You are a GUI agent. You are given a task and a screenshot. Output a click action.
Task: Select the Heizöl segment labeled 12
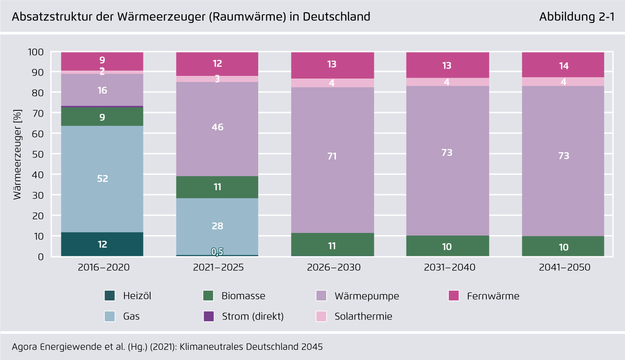(102, 244)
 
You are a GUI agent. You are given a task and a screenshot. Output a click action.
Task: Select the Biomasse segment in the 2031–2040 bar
(448, 246)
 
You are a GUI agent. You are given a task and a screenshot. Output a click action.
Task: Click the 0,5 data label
(217, 252)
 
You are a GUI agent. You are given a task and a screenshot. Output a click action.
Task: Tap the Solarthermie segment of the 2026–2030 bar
(332, 83)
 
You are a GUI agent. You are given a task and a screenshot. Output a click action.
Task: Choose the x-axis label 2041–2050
(563, 268)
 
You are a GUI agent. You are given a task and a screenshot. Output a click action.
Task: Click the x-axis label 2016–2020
(102, 268)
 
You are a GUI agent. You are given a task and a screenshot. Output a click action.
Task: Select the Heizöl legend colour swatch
(110, 296)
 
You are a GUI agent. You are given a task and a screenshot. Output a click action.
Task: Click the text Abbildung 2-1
(576, 17)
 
